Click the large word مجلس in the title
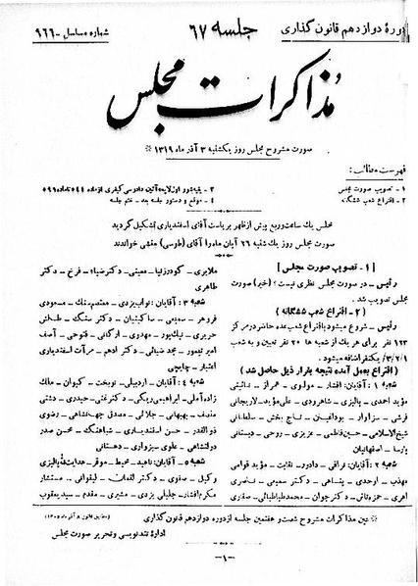pos(147,91)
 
